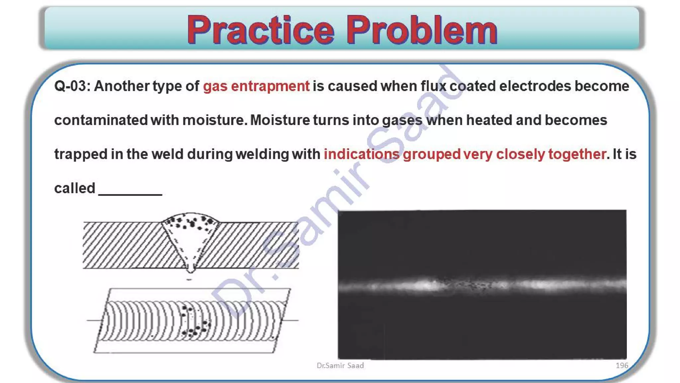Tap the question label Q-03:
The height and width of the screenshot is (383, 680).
pos(72,86)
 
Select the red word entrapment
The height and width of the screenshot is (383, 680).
pos(270,86)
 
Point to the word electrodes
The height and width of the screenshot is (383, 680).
pos(535,86)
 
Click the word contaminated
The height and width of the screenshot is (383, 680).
pos(101,120)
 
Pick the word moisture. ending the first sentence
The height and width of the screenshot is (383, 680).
pos(215,120)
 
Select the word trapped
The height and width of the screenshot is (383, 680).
pos(81,155)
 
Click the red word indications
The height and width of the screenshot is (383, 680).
pos(362,155)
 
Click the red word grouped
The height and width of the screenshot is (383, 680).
pos(431,155)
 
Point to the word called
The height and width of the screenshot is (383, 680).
pos(75,189)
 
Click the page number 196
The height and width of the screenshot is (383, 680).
pos(622,365)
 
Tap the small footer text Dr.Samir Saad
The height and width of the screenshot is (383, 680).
pos(340,366)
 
